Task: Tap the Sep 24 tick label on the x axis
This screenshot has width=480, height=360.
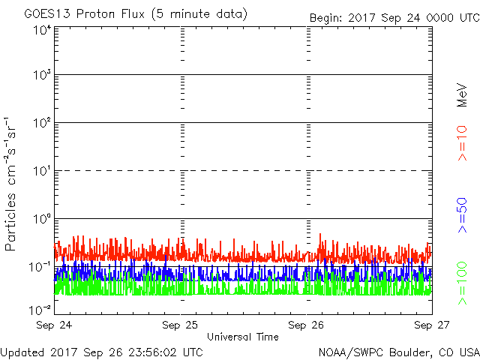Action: click(x=54, y=325)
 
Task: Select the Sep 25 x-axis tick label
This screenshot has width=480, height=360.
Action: click(x=180, y=325)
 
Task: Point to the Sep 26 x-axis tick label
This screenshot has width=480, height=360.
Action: click(x=307, y=325)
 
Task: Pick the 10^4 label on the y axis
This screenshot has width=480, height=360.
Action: click(x=41, y=29)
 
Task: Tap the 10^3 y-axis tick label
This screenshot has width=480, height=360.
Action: click(x=41, y=76)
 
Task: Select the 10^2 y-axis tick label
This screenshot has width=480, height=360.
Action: click(x=41, y=123)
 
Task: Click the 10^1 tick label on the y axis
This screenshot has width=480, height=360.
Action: click(x=41, y=171)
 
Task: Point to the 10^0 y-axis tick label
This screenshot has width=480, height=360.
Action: click(x=41, y=219)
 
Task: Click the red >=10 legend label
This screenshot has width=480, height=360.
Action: click(x=463, y=142)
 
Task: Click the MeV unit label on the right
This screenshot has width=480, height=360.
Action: click(x=463, y=94)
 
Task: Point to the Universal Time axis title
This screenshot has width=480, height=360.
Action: click(x=243, y=337)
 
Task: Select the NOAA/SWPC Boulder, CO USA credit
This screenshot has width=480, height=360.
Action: click(x=398, y=352)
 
